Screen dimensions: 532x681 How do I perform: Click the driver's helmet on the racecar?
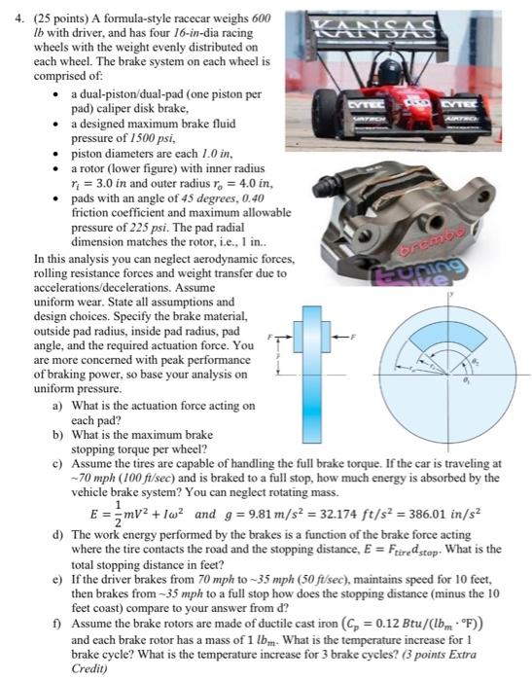coord(389,72)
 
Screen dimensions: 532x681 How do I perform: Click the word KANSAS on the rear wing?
coord(373,28)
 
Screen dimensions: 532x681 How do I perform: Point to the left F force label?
coord(269,337)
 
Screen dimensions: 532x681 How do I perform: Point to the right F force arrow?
coord(340,337)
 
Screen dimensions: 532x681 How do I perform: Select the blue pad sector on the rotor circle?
coord(446,335)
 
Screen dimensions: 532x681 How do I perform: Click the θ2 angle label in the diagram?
coord(476,361)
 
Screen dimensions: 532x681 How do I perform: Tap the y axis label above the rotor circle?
coord(451,294)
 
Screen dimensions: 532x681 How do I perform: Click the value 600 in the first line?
coord(262,18)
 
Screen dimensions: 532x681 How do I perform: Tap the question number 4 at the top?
coord(18,18)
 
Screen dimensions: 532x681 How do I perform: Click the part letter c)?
coord(57,463)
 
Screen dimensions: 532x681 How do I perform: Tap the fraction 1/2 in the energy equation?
coord(118,515)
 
